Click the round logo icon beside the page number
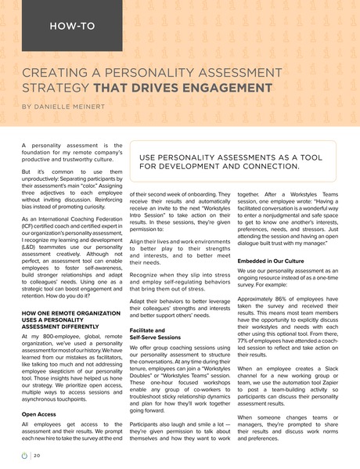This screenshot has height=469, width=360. click(x=26, y=454)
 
